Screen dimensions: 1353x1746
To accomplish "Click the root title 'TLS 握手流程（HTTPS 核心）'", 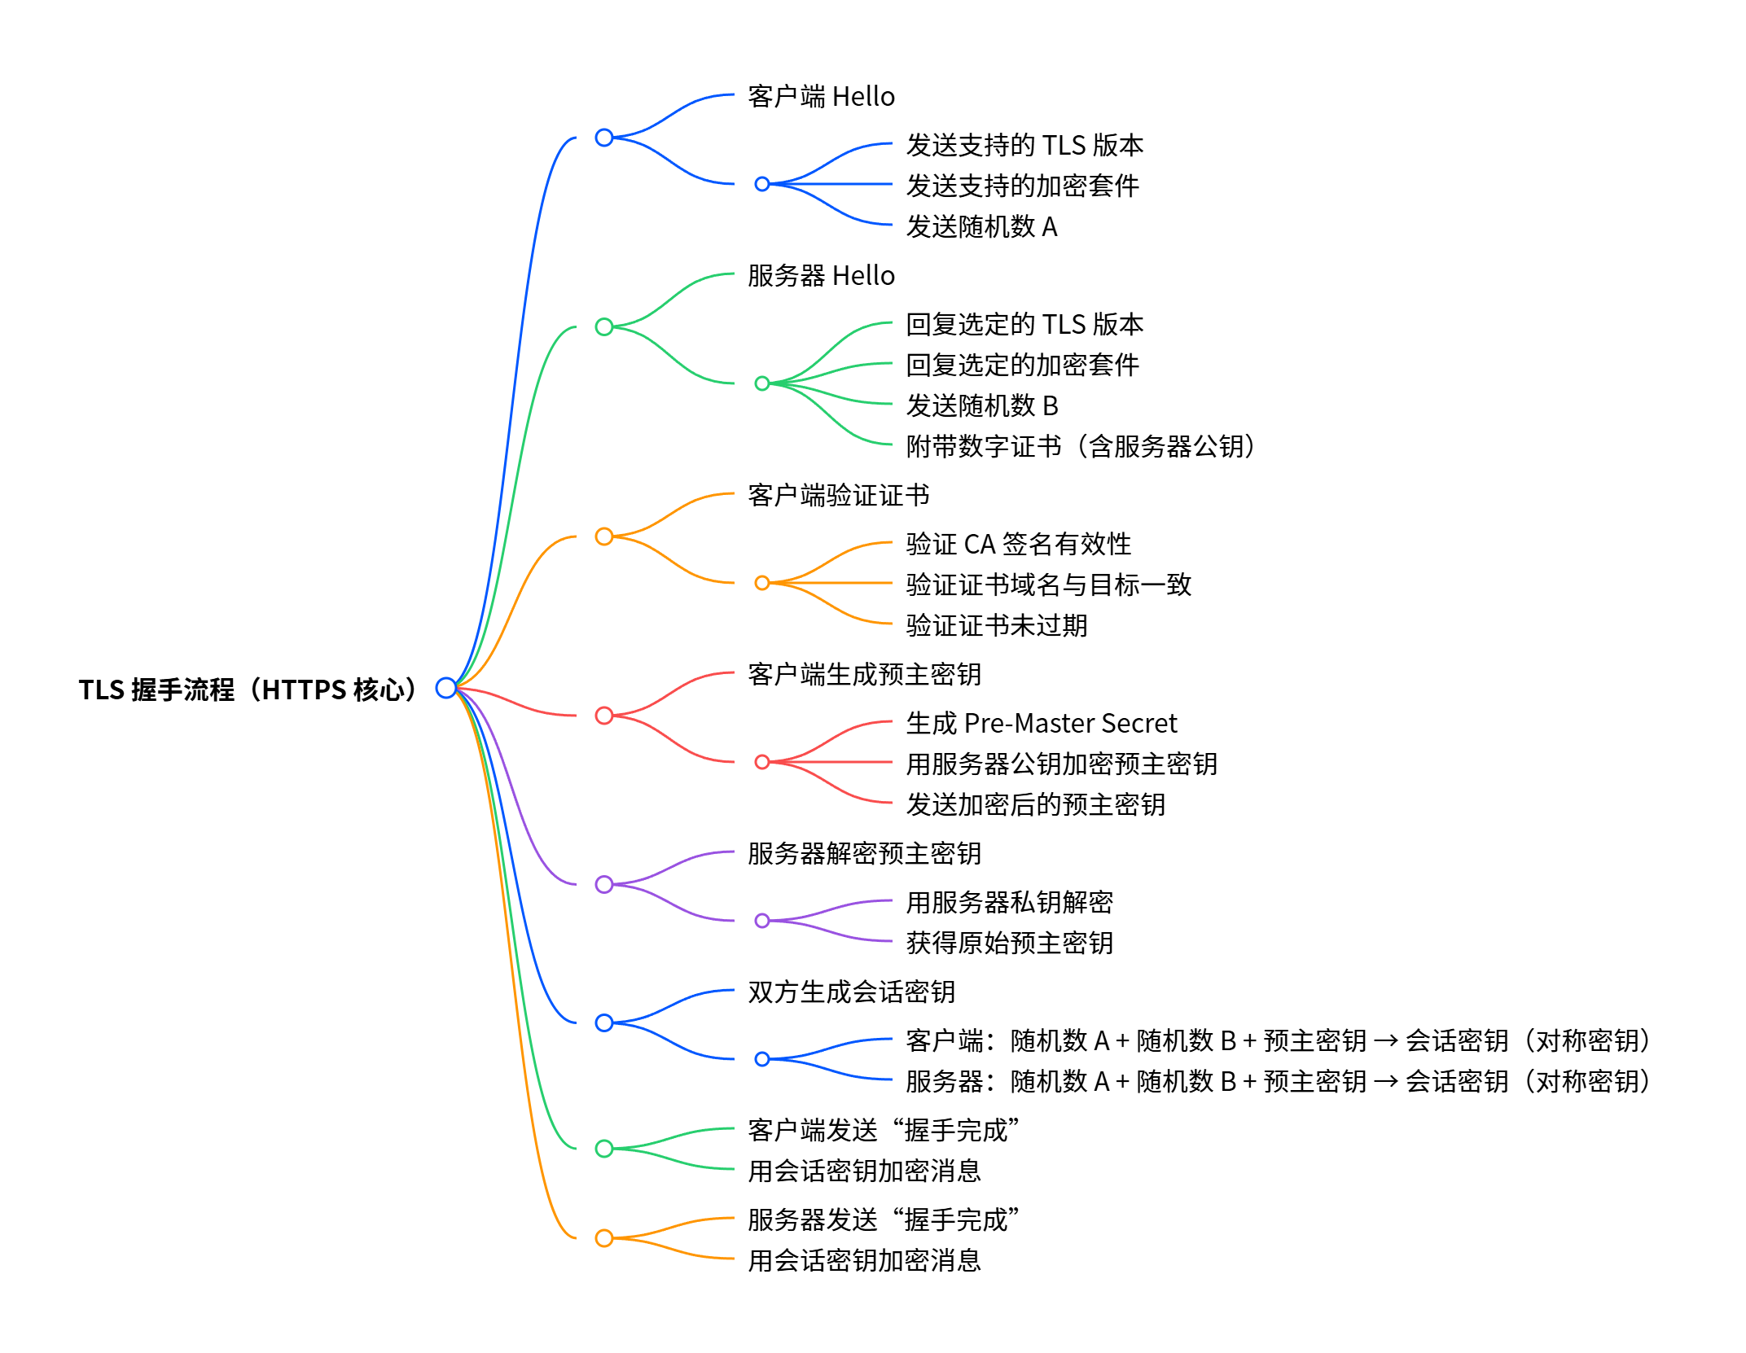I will point(248,690).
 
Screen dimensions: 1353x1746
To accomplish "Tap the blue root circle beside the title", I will point(445,688).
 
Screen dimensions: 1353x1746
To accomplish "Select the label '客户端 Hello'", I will point(821,97).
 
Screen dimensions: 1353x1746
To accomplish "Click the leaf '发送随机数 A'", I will point(981,226).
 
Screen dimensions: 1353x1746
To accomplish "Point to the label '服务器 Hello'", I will point(821,276).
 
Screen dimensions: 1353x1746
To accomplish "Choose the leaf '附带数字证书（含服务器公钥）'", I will point(1081,446).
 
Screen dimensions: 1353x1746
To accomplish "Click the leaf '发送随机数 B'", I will point(981,405).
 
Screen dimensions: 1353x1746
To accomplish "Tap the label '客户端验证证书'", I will point(838,495).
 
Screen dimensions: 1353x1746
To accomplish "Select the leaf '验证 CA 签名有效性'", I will point(1018,544).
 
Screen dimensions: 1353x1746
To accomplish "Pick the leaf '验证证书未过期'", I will point(996,625).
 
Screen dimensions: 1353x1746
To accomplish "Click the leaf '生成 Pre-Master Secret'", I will point(1041,723).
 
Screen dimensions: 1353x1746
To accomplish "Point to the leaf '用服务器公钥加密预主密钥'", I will point(1061,764).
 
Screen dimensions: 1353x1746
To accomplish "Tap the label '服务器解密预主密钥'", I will point(864,853).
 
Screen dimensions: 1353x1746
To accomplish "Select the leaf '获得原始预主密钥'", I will point(1009,943).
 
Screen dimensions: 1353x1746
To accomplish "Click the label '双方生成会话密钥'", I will point(851,992).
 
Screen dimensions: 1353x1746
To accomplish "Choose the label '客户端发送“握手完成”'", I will point(883,1130).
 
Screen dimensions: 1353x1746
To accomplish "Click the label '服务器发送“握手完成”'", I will point(883,1219).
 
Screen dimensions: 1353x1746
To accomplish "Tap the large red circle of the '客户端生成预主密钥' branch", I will point(604,716).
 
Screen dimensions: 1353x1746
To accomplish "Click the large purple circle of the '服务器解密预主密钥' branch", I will point(604,884).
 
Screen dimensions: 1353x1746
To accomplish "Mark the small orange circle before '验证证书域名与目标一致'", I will point(762,583).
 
